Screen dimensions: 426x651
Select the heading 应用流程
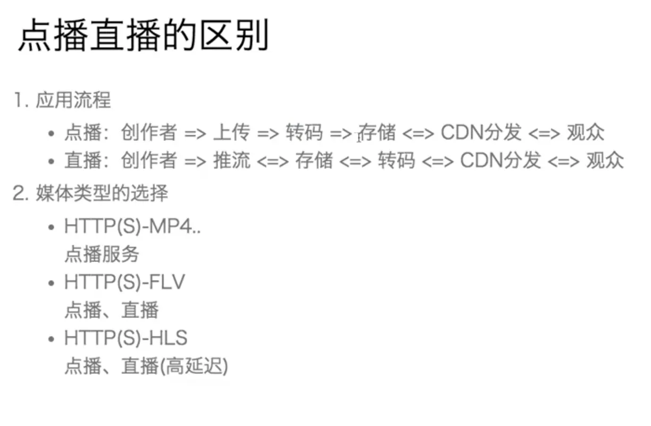coord(73,100)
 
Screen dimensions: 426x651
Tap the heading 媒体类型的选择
coord(102,193)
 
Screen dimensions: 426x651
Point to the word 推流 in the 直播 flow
coord(231,160)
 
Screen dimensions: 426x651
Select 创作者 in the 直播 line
coord(148,160)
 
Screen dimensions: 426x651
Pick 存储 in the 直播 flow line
coord(314,160)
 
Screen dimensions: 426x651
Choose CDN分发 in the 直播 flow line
coord(500,160)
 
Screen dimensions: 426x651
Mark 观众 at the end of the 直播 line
coord(605,160)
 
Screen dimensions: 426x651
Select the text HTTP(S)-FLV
coord(124,282)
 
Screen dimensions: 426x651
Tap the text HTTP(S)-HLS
coord(126,338)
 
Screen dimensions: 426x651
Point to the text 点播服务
coord(102,255)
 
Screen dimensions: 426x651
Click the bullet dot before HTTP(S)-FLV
coord(51,283)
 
